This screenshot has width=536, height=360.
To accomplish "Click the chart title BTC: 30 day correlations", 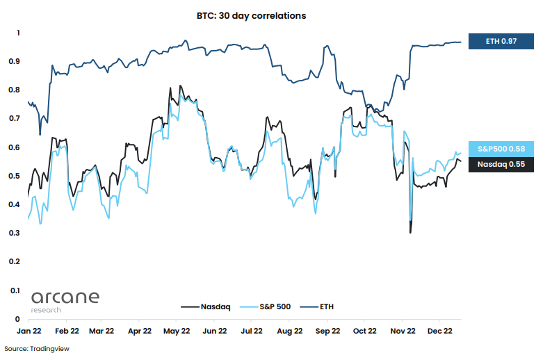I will (x=261, y=15).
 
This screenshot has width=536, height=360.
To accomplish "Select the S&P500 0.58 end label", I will (x=501, y=149).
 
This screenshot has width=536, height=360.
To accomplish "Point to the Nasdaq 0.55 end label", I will (x=501, y=165).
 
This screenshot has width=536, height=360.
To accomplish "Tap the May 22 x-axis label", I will (x=176, y=332).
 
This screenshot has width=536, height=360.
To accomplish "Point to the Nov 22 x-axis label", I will (x=401, y=332).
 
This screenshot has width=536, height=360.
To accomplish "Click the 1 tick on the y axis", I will (x=19, y=33).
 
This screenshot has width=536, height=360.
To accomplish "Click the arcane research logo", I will (x=65, y=301).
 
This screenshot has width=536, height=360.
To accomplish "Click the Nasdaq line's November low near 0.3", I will (x=410, y=231).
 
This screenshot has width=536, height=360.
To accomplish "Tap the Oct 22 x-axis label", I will (x=364, y=332).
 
